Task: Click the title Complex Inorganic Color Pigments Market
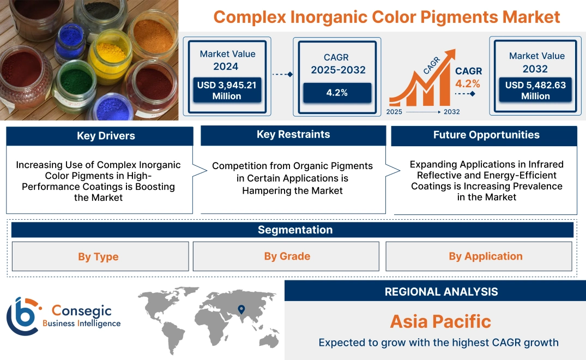click(x=386, y=17)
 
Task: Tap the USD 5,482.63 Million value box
click(x=535, y=91)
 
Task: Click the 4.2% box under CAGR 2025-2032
click(x=337, y=93)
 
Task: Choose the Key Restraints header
click(x=293, y=135)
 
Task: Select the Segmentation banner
click(x=295, y=230)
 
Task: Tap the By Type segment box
click(x=98, y=256)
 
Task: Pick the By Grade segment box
click(x=287, y=256)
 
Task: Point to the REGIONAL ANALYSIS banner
click(x=441, y=292)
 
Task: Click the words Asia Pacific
click(x=440, y=321)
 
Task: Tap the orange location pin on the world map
click(x=240, y=310)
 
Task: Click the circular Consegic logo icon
click(x=23, y=316)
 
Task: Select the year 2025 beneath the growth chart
click(x=395, y=112)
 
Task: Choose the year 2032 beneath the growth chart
click(x=451, y=112)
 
